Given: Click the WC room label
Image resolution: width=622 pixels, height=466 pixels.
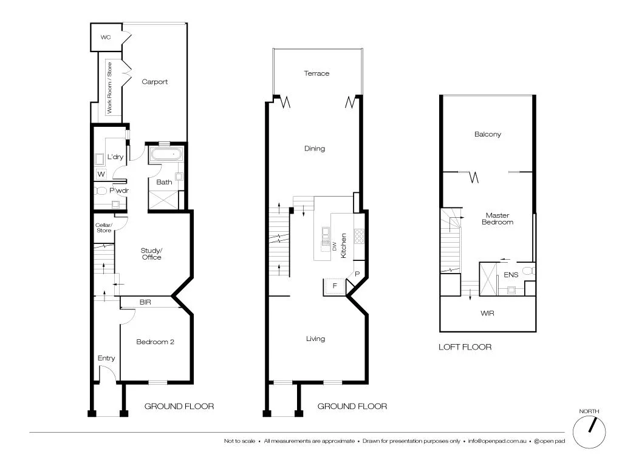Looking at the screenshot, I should [106, 38].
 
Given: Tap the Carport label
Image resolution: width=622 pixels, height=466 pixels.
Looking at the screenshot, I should [154, 82].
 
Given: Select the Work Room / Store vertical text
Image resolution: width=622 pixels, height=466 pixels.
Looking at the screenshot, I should [110, 88].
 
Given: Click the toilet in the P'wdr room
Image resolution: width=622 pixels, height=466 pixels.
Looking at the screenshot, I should [101, 191].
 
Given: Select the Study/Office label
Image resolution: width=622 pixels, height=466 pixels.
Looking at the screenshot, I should [151, 254].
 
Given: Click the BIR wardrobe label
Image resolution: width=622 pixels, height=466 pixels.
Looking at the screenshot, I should [145, 302].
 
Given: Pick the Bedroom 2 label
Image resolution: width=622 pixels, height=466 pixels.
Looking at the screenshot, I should [155, 342].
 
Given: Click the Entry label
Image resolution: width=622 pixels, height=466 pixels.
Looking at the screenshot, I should [106, 358].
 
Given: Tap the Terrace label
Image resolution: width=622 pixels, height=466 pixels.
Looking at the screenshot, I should [316, 73].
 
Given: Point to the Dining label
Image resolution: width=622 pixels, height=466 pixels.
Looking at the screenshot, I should [315, 149].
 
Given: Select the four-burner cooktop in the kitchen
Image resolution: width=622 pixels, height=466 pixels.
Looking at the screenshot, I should [360, 234].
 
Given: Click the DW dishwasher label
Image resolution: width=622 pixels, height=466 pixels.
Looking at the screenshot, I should [334, 246].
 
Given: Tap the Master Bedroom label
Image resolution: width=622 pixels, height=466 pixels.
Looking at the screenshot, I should [497, 218].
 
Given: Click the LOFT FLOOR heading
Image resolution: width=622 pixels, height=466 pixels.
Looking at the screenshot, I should [465, 347].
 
